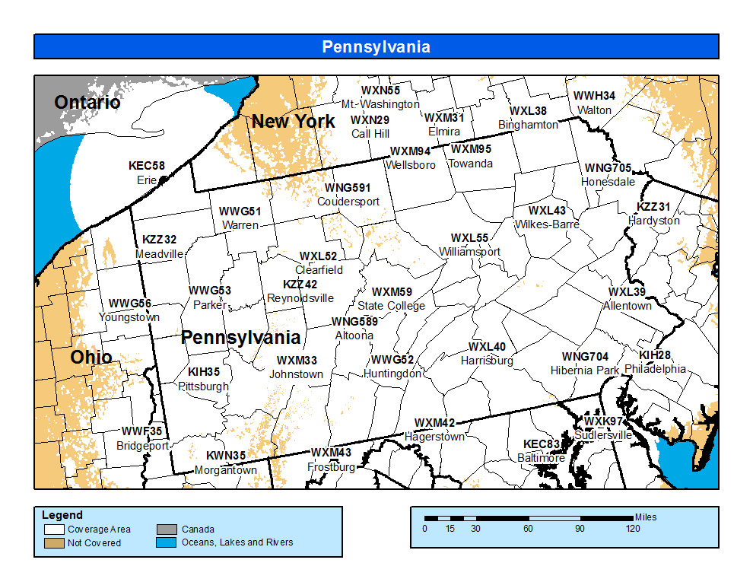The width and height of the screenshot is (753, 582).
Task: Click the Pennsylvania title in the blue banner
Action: point(376,47)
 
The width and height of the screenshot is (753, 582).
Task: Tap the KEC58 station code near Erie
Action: point(146,166)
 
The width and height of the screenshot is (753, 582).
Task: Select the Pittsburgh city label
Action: point(203,386)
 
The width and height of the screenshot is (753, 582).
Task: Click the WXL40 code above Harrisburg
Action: point(487,347)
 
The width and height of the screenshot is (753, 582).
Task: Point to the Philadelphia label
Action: point(655,369)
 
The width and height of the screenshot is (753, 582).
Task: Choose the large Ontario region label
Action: point(87,103)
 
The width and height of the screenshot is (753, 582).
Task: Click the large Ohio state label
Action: point(91,358)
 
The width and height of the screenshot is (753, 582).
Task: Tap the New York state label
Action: point(294,122)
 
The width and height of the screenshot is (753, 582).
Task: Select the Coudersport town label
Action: point(348,202)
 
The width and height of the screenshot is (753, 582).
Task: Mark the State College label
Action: point(391,306)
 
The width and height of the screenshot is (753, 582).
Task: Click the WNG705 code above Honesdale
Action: point(608,168)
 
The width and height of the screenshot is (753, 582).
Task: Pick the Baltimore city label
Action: point(541,458)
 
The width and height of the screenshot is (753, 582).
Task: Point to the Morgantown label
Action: point(225,470)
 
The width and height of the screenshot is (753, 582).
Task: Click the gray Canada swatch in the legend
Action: point(167,530)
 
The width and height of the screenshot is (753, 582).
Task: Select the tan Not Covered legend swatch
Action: point(53,543)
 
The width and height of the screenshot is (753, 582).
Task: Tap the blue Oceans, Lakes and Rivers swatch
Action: point(167,543)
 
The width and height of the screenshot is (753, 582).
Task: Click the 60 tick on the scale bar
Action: point(527,529)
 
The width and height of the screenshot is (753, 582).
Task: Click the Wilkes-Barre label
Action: point(547,224)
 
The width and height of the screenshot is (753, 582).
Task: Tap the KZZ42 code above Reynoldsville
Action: point(300,284)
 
